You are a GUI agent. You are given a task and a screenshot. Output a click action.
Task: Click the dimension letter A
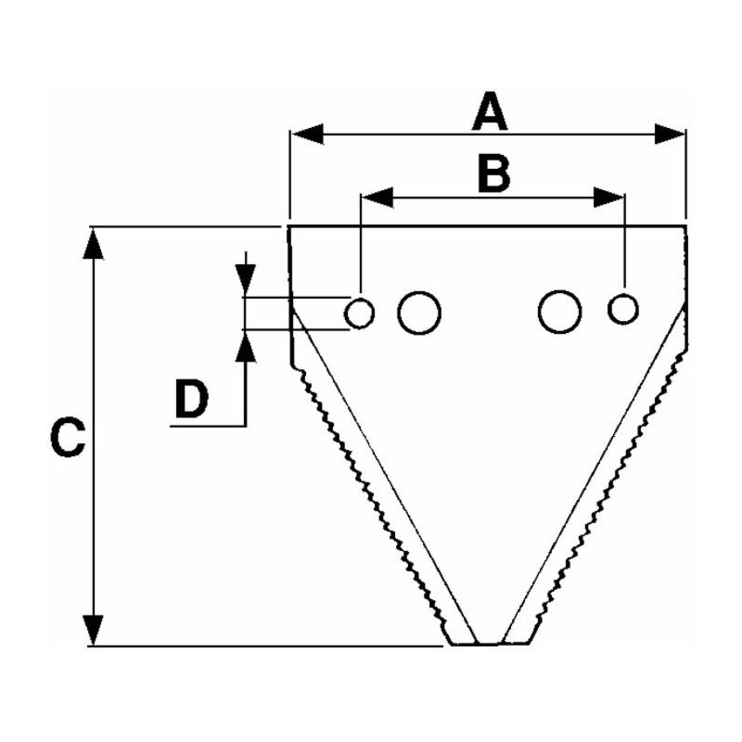point(490,111)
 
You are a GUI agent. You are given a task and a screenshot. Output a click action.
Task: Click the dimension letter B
point(494,173)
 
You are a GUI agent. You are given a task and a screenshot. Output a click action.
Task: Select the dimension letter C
point(68,437)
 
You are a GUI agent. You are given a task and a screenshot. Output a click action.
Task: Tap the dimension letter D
point(192,400)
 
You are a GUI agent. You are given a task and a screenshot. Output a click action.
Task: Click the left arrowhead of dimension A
point(308,134)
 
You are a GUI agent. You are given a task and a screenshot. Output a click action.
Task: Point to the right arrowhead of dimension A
point(670,134)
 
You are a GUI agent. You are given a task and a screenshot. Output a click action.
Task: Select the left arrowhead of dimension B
point(377,198)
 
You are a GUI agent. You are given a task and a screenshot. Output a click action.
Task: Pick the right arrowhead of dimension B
point(609,198)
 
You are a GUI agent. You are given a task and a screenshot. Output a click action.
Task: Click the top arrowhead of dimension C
point(94,244)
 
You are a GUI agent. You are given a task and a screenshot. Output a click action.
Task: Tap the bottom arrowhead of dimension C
point(94,630)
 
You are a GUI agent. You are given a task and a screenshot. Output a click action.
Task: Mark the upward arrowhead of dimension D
point(246,346)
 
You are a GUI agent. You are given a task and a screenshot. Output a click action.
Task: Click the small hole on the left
point(360,313)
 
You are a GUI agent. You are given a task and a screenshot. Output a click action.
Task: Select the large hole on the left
point(419,313)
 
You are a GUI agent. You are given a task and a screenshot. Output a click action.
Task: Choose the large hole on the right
point(560,312)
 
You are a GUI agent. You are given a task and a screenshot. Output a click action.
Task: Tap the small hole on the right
point(623,309)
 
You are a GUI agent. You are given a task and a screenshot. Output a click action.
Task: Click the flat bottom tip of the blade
point(490,644)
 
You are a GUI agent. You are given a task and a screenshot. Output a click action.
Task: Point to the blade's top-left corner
point(289,226)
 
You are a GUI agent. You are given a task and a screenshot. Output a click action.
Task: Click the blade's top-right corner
point(686,226)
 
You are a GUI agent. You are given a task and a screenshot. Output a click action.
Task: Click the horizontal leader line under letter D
point(208,427)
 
